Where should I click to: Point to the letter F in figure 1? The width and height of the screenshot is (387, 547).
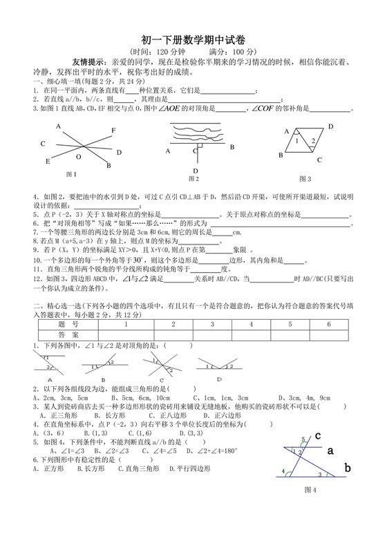click(x=113, y=131)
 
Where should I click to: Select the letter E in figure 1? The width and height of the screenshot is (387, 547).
click(x=48, y=161)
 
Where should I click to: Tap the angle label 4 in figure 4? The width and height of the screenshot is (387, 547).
click(x=283, y=472)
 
